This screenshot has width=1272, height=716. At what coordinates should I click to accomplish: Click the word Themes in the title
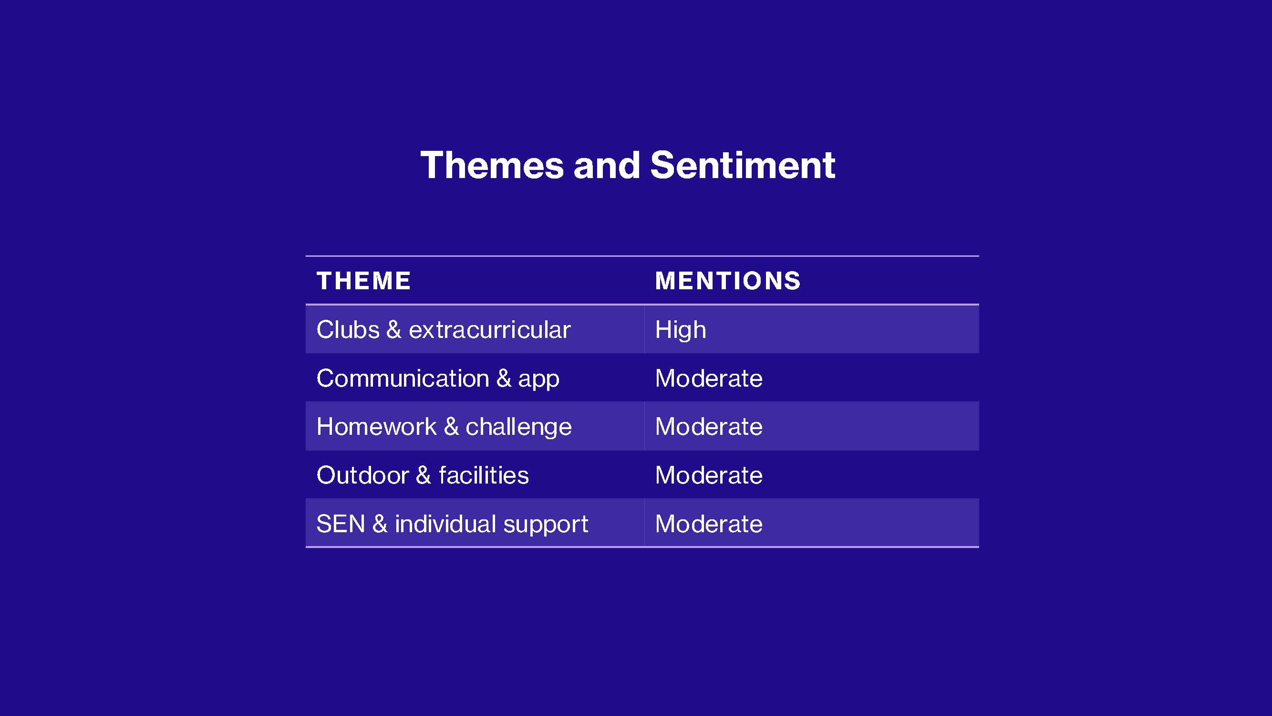click(492, 165)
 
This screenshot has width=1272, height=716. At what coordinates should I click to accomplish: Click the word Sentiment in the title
click(743, 165)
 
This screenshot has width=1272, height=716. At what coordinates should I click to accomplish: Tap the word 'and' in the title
click(607, 165)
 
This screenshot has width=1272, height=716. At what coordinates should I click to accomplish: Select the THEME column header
click(363, 281)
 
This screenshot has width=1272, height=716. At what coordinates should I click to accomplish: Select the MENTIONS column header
click(728, 281)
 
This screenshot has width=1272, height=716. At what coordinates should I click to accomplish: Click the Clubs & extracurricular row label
click(444, 329)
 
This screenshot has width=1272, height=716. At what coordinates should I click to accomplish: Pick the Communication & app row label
click(438, 379)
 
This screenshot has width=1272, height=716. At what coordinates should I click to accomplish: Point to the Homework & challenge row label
click(444, 427)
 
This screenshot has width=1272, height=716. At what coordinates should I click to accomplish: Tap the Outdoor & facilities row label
click(423, 475)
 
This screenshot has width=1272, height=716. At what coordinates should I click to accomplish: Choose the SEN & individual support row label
click(452, 524)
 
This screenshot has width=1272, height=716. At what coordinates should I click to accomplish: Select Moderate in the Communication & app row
click(709, 379)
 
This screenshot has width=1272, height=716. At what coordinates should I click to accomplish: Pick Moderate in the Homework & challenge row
click(709, 426)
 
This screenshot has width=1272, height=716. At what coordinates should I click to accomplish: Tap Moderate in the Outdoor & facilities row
click(709, 475)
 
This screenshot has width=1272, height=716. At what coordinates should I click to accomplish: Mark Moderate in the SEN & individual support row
click(709, 524)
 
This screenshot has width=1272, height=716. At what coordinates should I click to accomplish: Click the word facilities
click(484, 475)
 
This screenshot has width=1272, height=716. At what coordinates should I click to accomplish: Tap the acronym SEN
click(341, 524)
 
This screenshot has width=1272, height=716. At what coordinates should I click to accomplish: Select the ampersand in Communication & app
click(504, 379)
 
